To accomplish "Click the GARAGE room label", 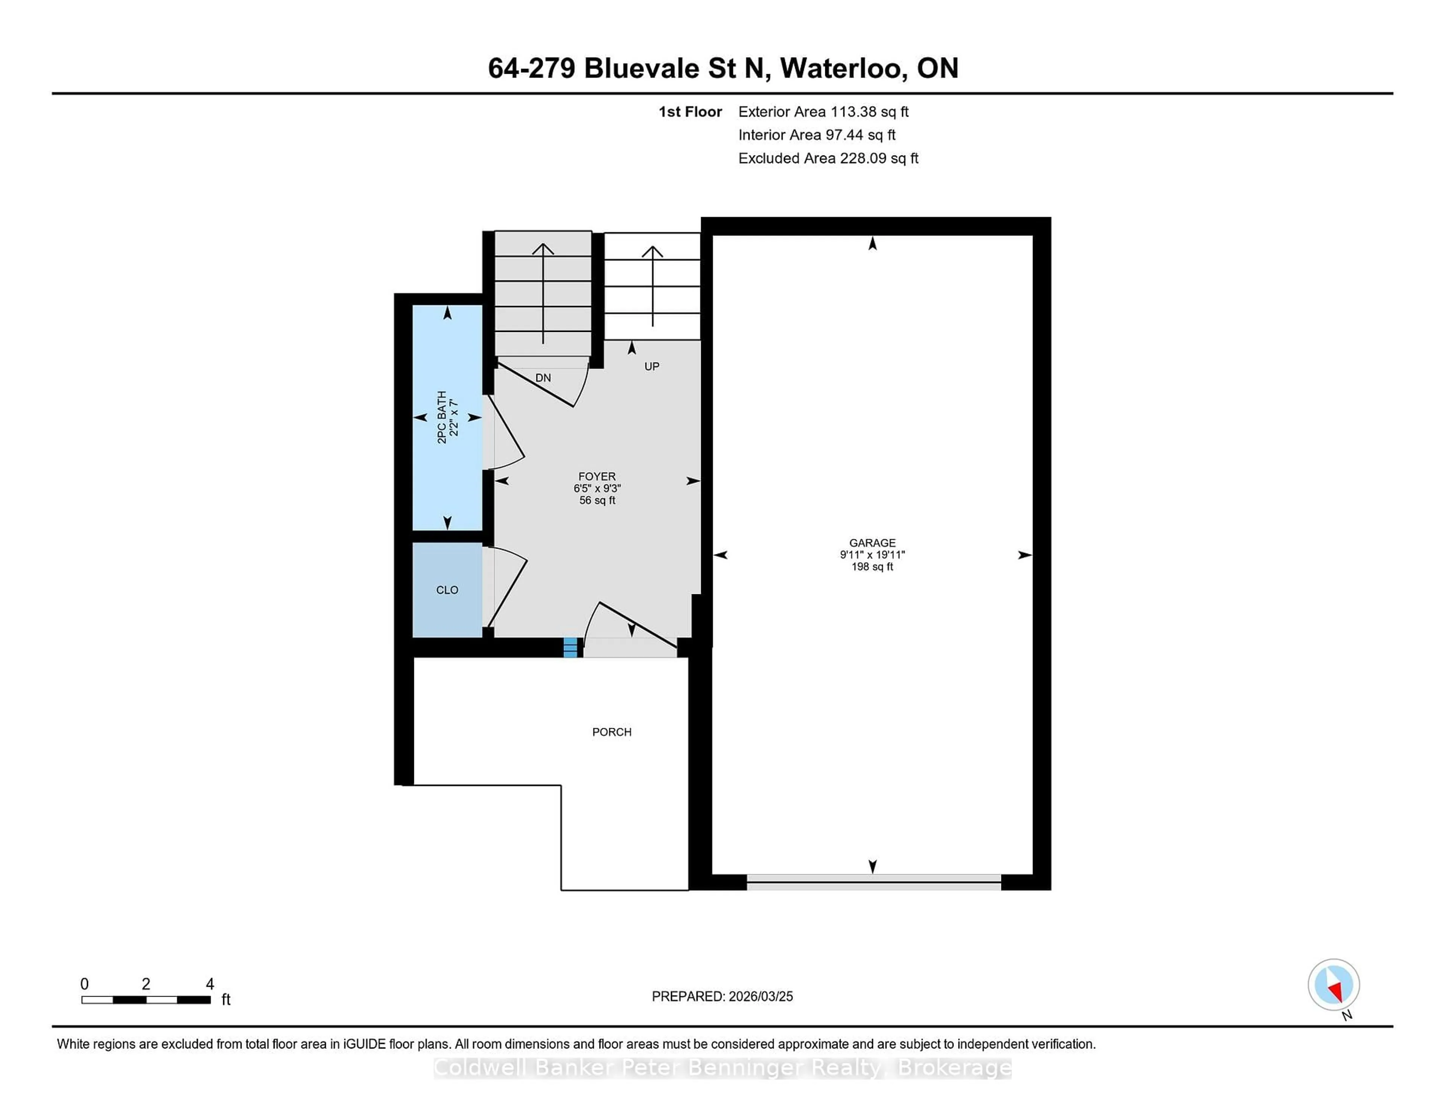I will [872, 543].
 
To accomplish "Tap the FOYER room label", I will [597, 476].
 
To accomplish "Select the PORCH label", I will [611, 732].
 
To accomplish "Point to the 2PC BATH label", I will [442, 417].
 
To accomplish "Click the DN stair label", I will [543, 378].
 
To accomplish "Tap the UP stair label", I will [652, 366].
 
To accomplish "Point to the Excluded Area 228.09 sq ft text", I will [828, 158].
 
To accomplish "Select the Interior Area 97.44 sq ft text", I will [817, 135].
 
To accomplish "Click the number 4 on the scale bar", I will [210, 983].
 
